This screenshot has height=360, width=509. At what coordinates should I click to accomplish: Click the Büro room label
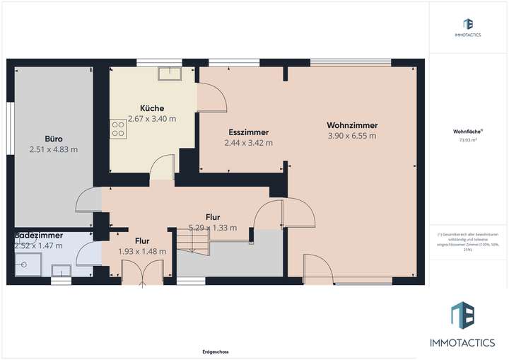point(53,139)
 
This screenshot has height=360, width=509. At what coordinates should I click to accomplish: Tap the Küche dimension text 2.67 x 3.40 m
point(152,118)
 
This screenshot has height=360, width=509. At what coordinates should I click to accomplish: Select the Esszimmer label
point(248,132)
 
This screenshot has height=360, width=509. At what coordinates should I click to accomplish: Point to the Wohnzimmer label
point(352,125)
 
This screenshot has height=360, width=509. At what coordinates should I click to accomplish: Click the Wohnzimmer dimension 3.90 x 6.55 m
point(352,136)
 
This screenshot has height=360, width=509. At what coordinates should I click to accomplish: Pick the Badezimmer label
point(38,235)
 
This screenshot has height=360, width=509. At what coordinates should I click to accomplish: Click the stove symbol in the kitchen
point(116,128)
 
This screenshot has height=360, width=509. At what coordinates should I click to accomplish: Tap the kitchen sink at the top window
point(170,73)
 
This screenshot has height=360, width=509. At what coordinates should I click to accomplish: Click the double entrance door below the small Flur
point(143,273)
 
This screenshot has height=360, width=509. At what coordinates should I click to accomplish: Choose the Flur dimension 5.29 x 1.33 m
point(212,228)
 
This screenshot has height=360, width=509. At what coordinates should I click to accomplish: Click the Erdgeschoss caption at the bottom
point(215,352)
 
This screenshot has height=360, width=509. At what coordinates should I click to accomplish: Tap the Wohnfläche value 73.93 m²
point(468,140)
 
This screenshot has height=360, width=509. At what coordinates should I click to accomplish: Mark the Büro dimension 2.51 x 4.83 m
point(53,149)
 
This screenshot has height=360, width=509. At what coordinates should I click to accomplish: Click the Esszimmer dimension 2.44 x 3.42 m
point(248,143)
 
